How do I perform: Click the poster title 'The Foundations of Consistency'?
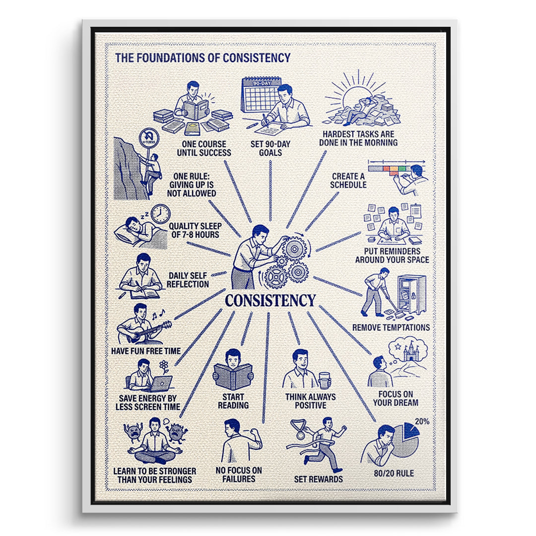point(202,58)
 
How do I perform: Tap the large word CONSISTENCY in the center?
point(270,301)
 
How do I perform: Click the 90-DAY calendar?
point(261,95)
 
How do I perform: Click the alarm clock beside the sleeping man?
point(160,214)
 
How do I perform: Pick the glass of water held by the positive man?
point(324,381)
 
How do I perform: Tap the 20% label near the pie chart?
point(422,421)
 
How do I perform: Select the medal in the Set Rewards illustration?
point(300,434)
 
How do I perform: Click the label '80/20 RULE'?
point(394,473)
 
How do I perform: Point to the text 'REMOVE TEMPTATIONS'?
point(391,328)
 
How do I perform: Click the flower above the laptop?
point(164,366)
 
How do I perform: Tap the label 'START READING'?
point(233,402)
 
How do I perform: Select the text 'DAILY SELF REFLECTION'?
point(188,280)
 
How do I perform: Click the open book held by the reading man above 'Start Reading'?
point(233,376)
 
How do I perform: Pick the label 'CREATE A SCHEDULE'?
point(348,181)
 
